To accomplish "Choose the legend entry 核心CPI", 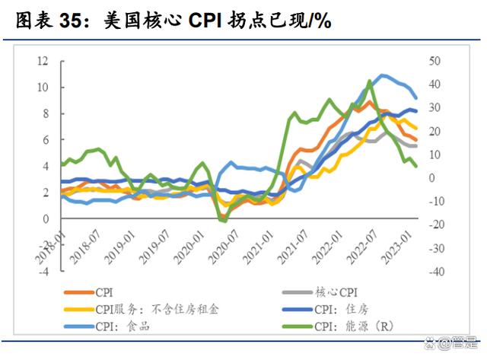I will point(335,292).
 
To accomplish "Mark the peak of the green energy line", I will point(370,81).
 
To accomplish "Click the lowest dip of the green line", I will point(223,221).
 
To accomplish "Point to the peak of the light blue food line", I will point(382,75).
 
